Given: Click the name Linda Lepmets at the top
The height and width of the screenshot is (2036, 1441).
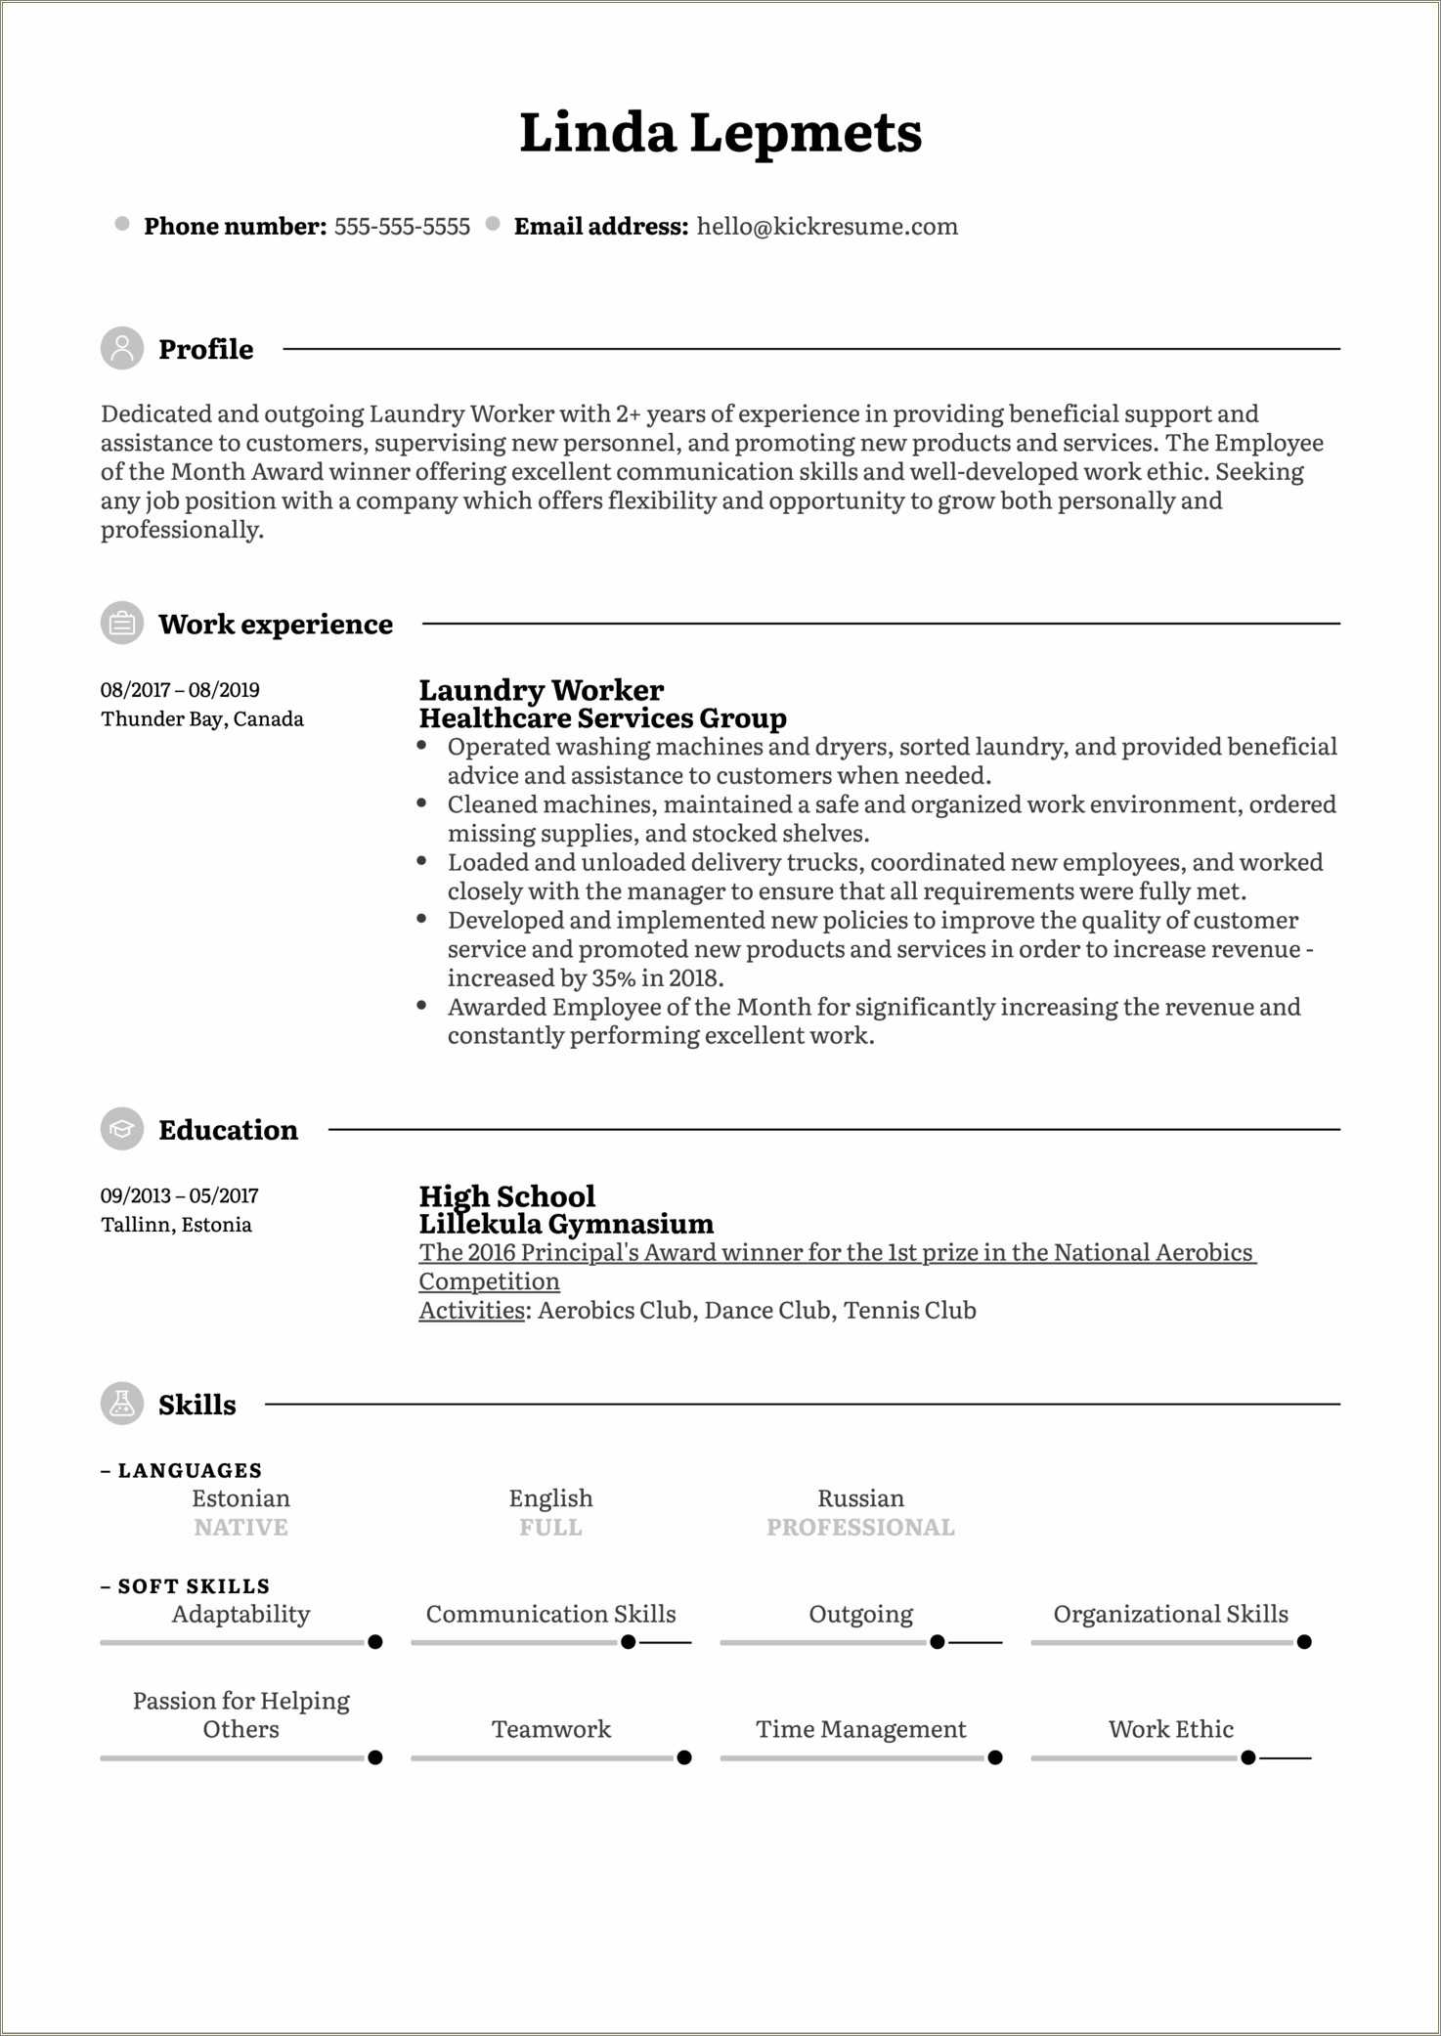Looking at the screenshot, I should pyautogui.click(x=720, y=133).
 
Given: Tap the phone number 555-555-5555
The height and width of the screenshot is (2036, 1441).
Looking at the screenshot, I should pyautogui.click(x=402, y=227).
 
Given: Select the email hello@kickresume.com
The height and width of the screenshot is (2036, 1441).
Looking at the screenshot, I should pyautogui.click(x=827, y=227).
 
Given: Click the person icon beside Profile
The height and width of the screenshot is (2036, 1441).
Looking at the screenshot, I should pyautogui.click(x=122, y=348).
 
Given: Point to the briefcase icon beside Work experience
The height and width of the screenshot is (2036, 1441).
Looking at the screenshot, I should pyautogui.click(x=122, y=623).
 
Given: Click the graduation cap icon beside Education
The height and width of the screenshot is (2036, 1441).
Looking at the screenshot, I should pyautogui.click(x=122, y=1129).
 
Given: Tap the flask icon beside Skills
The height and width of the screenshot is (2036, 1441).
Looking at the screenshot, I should pyautogui.click(x=122, y=1404).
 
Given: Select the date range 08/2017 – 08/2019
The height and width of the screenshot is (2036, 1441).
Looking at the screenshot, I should pyautogui.click(x=180, y=690).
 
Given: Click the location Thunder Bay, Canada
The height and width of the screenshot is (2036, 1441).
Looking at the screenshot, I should pyautogui.click(x=202, y=719).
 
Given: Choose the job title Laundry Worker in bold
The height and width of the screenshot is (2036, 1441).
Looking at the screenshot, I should pyautogui.click(x=541, y=690).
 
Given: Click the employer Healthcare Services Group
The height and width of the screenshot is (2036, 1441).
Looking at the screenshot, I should pyautogui.click(x=602, y=718).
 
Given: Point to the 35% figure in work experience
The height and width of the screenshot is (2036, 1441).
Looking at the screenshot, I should pyautogui.click(x=613, y=978).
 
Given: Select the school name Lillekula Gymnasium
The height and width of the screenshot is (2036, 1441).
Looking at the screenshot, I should pyautogui.click(x=566, y=1224).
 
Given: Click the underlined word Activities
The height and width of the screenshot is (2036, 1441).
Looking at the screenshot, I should pyautogui.click(x=472, y=1311).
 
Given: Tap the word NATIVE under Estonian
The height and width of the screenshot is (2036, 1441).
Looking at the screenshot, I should pyautogui.click(x=240, y=1528).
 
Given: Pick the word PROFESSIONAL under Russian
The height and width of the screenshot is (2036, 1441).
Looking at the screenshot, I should pyautogui.click(x=860, y=1528).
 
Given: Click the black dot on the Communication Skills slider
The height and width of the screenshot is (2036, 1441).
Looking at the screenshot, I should pyautogui.click(x=629, y=1642).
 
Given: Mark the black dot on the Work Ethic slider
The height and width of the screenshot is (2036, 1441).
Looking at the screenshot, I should pyautogui.click(x=1248, y=1757).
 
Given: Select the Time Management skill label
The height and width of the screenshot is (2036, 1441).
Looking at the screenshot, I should pyautogui.click(x=860, y=1729).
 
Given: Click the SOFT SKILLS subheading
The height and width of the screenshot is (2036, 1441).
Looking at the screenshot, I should pyautogui.click(x=193, y=1586).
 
